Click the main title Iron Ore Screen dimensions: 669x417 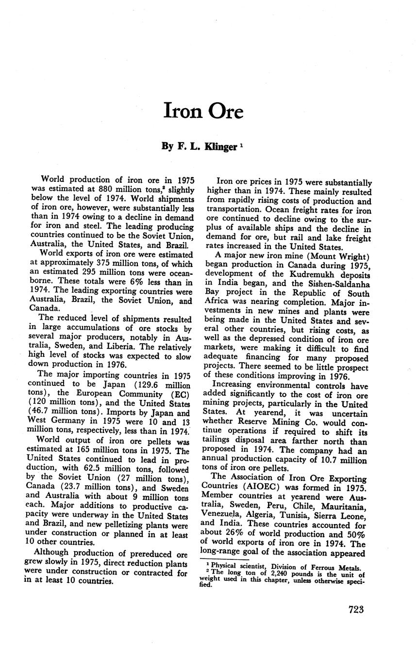pos(203,111)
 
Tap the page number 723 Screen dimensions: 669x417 pos(356,610)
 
